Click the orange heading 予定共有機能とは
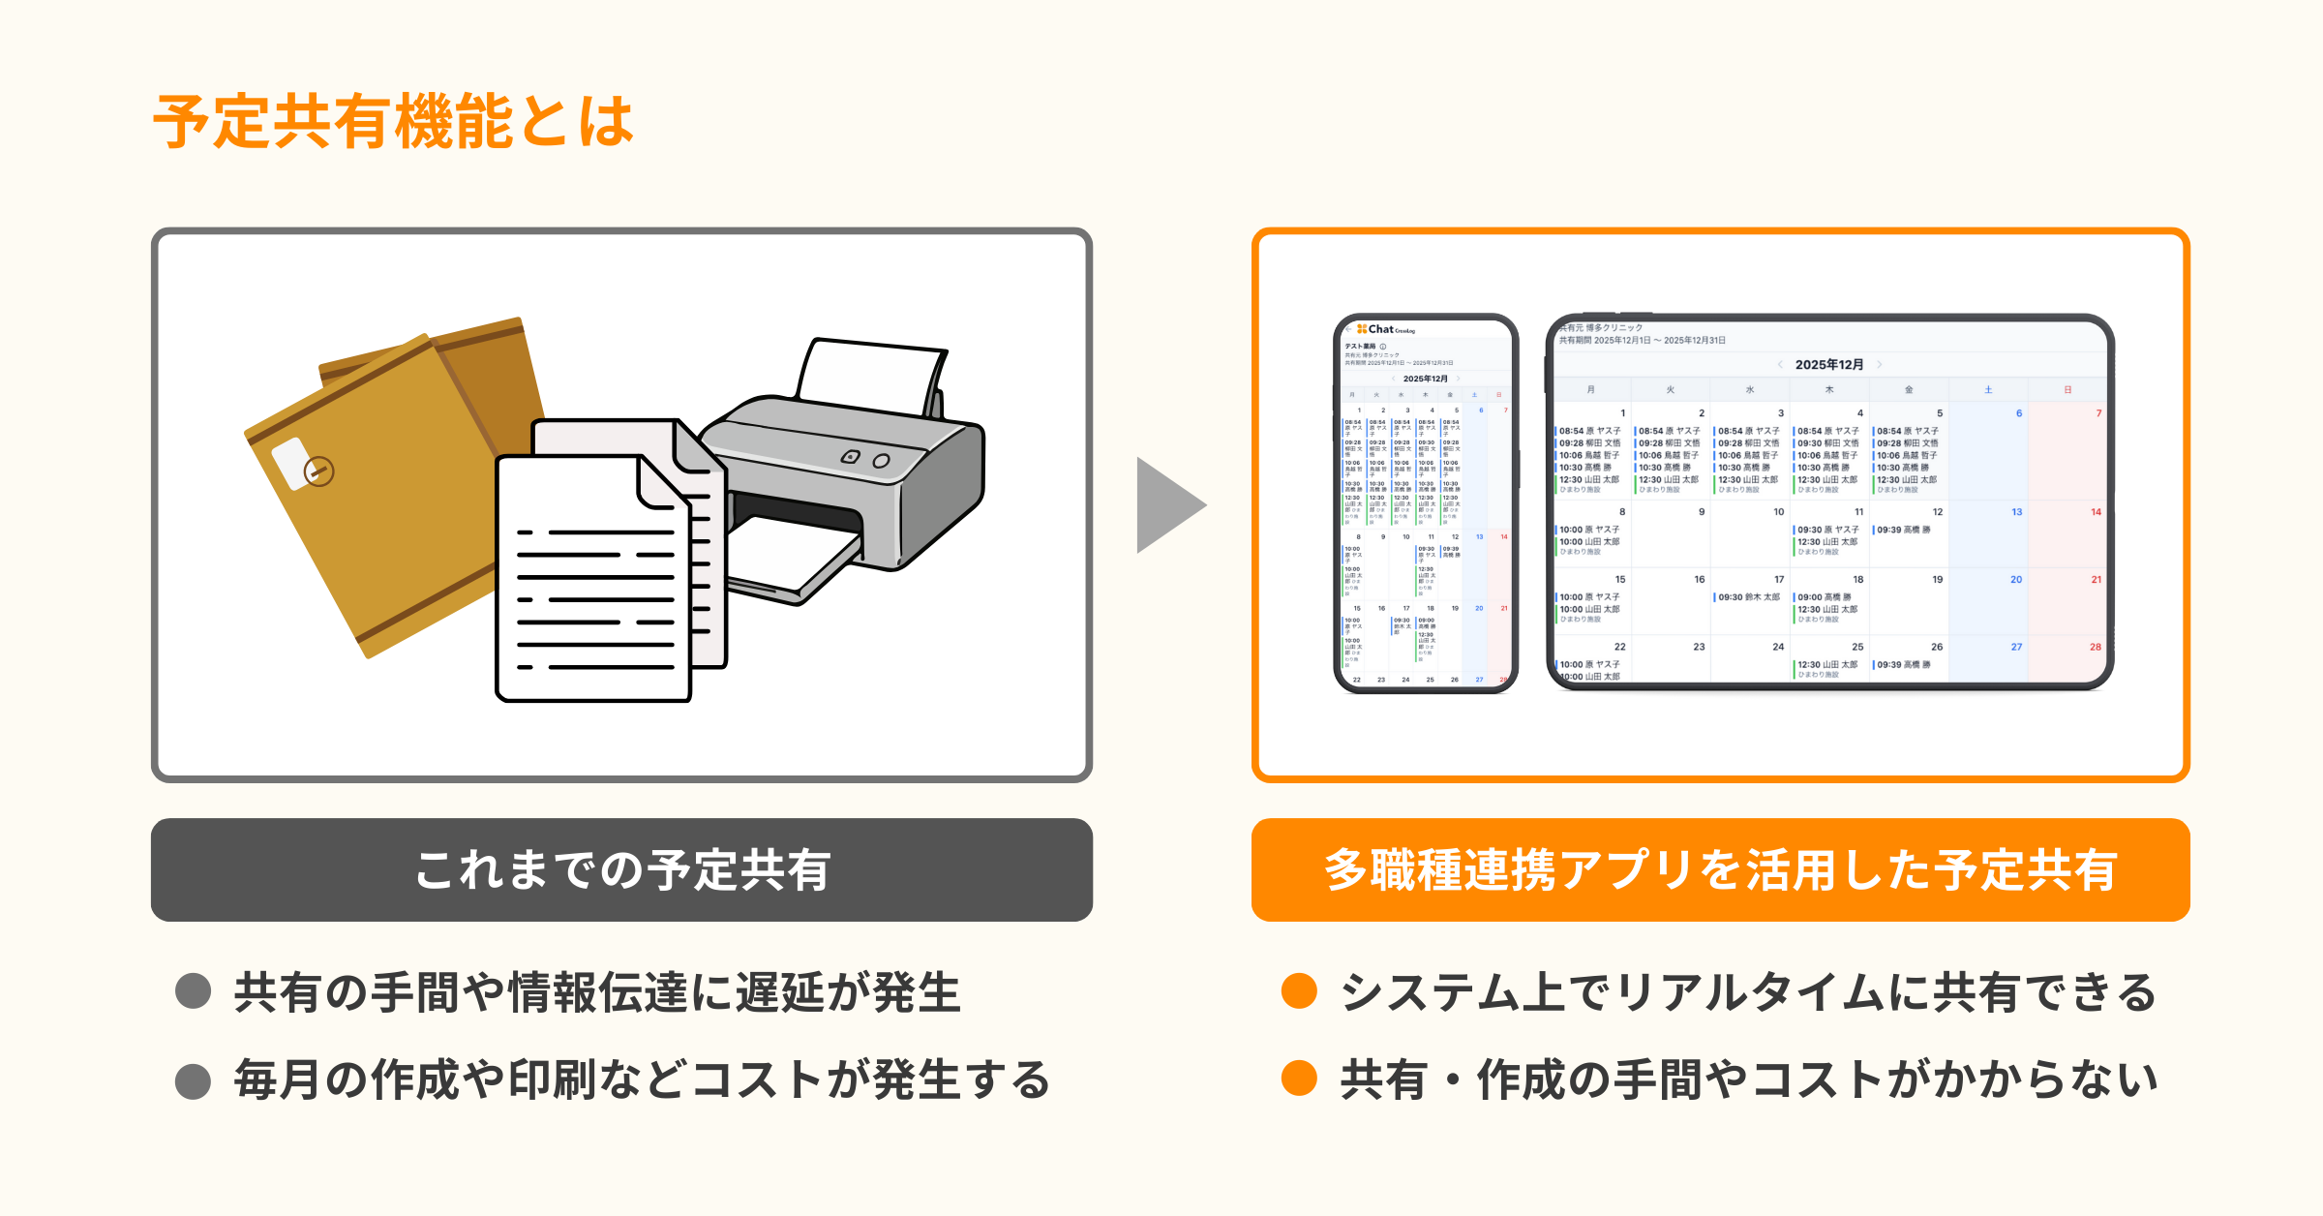[x=393, y=122]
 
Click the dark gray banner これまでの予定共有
[x=621, y=869]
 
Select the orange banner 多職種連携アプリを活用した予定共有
[x=1720, y=869]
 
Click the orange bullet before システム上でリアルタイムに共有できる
[x=1299, y=991]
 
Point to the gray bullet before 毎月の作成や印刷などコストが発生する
[x=194, y=1080]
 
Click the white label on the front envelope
[x=290, y=462]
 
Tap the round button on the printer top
[x=881, y=461]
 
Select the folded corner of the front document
[x=662, y=484]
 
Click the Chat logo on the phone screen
[x=1380, y=329]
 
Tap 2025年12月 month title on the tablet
[x=1828, y=365]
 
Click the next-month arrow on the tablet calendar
[x=1880, y=365]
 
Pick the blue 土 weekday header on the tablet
[x=1988, y=390]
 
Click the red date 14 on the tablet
[x=2096, y=512]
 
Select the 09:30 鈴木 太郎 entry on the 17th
[x=1748, y=597]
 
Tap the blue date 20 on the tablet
[x=2016, y=580]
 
